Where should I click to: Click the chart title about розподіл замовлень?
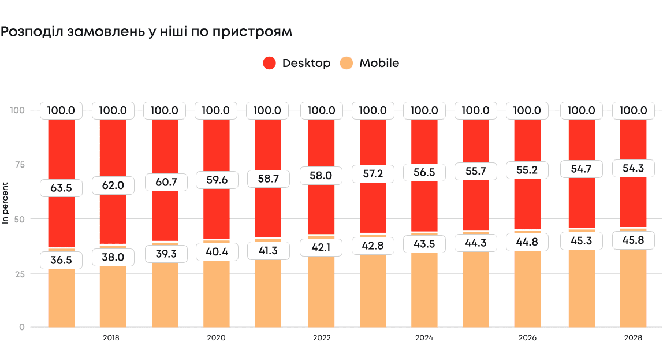tap(146, 32)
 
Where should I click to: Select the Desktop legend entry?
tap(297, 63)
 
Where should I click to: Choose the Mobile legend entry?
tap(370, 63)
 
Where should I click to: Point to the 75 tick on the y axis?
tap(20, 165)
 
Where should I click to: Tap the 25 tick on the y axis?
tap(20, 273)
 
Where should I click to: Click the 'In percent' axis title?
tap(5, 203)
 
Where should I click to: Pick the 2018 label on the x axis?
tap(111, 337)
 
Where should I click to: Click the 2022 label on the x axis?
tap(322, 337)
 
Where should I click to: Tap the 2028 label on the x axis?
tap(634, 337)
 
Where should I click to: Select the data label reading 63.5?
tap(61, 187)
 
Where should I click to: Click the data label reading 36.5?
tap(61, 260)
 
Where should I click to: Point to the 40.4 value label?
tap(216, 252)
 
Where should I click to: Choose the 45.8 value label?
tap(634, 240)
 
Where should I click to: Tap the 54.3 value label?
tap(634, 168)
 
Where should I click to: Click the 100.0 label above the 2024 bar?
tap(424, 110)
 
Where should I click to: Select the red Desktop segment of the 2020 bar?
tap(216, 214)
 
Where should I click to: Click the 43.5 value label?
tap(424, 245)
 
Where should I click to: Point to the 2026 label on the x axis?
tap(527, 337)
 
